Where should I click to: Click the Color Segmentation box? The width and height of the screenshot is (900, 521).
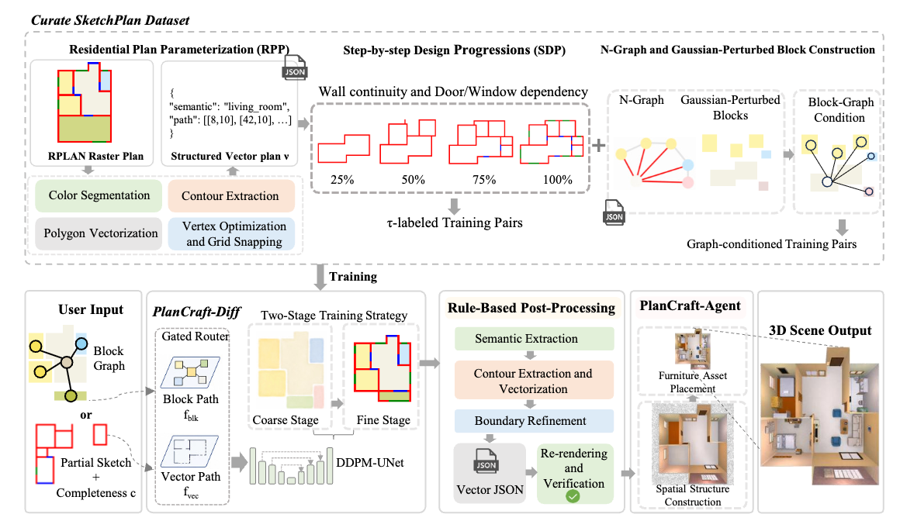(99, 195)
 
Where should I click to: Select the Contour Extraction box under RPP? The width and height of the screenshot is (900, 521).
(230, 196)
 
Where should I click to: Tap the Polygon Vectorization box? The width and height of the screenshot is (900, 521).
(99, 233)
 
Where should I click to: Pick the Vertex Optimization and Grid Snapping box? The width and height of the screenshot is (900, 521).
(230, 233)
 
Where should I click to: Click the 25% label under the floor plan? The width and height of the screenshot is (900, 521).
(342, 180)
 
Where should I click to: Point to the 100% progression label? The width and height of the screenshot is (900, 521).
(557, 180)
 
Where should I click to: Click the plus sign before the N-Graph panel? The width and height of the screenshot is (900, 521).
(599, 145)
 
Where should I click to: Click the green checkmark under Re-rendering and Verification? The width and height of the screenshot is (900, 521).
(573, 496)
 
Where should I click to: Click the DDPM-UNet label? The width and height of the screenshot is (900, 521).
(369, 463)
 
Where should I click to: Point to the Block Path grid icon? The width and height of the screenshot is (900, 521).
(190, 372)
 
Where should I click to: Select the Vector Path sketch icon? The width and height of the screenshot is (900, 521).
(190, 451)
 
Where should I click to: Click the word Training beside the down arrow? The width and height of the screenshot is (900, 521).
(353, 277)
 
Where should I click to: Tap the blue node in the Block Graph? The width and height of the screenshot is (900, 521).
(81, 344)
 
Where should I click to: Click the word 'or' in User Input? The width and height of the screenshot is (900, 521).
(86, 415)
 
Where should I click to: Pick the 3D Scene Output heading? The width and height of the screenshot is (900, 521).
(820, 330)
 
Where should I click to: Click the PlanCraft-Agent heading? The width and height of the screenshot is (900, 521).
(691, 306)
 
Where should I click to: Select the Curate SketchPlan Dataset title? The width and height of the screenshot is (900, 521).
(110, 21)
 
